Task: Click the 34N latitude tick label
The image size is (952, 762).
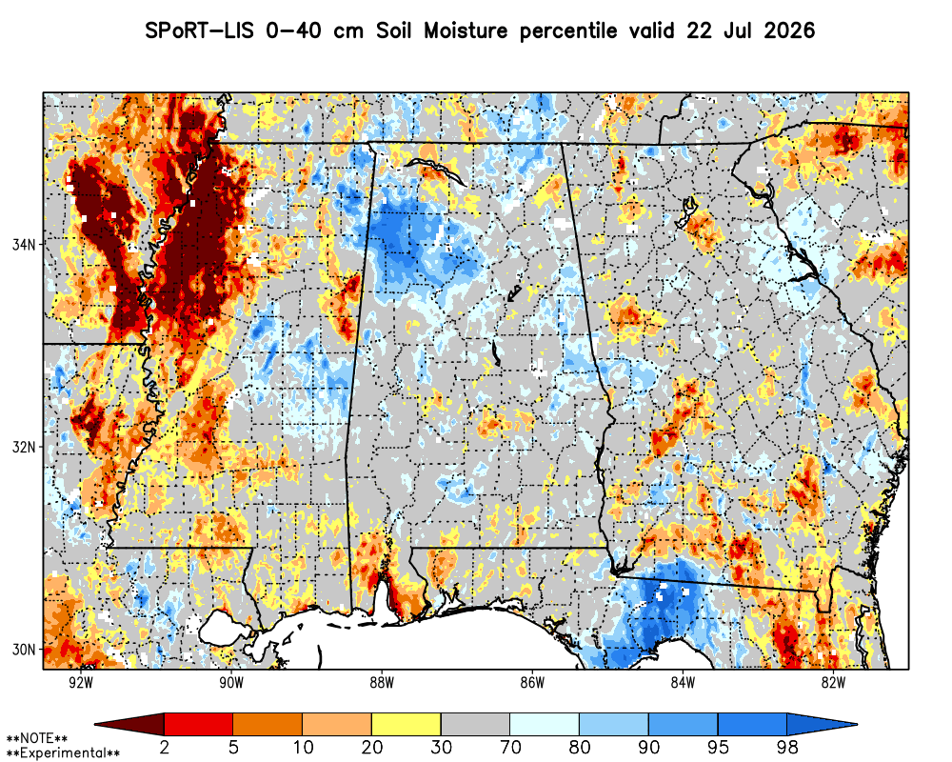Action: click(x=25, y=245)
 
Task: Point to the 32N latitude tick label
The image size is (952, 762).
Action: click(x=25, y=448)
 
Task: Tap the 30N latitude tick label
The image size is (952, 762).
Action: click(x=25, y=650)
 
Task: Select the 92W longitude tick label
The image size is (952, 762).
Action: click(x=81, y=683)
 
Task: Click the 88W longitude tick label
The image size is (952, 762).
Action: click(x=382, y=683)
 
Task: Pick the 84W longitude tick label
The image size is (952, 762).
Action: click(x=683, y=683)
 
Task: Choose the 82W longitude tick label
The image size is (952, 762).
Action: click(x=834, y=683)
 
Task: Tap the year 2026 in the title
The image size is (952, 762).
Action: click(x=789, y=30)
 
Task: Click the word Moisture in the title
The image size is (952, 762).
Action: click(x=466, y=30)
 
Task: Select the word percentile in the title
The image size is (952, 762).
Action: click(x=568, y=30)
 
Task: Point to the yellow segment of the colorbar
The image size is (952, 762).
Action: click(x=407, y=724)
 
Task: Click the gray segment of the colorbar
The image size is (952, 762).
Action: click(x=475, y=724)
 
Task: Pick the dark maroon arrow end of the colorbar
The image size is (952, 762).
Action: click(x=129, y=724)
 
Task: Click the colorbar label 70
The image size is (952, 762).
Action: click(x=510, y=747)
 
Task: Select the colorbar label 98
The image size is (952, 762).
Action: click(x=787, y=747)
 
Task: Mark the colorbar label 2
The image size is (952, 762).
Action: click(x=165, y=747)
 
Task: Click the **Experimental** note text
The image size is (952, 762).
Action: click(x=63, y=753)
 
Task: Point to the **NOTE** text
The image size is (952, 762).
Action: click(x=37, y=739)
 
